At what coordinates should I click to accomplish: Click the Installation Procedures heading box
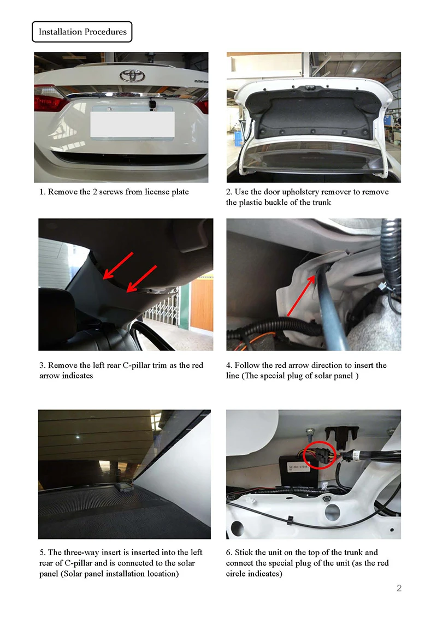[82, 32]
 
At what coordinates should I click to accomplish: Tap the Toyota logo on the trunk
[132, 75]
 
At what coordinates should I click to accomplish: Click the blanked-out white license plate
[133, 124]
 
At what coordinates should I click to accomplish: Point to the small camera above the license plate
[152, 104]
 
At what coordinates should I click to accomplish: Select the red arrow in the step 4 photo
[302, 295]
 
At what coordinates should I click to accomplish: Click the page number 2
[399, 588]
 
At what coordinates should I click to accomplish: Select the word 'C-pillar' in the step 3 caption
[137, 365]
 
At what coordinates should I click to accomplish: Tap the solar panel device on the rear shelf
[124, 487]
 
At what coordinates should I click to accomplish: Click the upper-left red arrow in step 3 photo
[117, 266]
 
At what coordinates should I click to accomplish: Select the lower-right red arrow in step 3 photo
[141, 279]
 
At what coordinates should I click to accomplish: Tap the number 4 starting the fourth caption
[229, 365]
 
